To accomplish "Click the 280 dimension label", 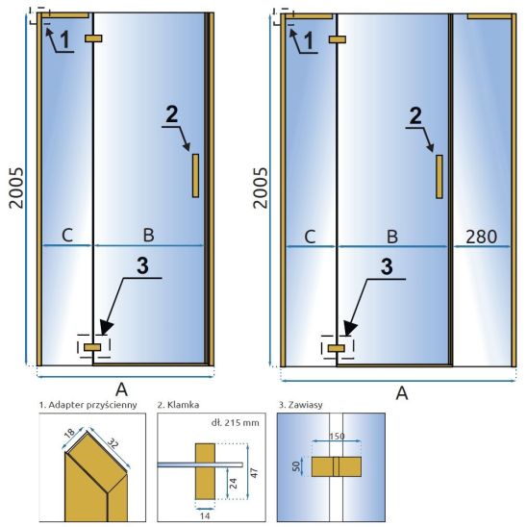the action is (x=481, y=237).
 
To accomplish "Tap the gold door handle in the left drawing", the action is (x=195, y=175).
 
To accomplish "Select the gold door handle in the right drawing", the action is (x=439, y=177).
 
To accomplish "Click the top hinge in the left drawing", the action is (x=93, y=38).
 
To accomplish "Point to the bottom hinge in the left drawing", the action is (x=92, y=347).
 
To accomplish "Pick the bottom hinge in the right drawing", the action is (x=336, y=348).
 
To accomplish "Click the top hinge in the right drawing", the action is (x=338, y=39).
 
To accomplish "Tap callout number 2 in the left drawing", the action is (x=172, y=114).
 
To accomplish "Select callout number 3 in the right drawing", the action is (x=387, y=266).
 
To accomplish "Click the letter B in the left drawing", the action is (x=148, y=235).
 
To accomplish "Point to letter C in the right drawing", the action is (x=310, y=237).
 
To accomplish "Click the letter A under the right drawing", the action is (x=402, y=392).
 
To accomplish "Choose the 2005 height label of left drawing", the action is (x=16, y=188).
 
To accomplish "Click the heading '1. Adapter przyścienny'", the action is (x=88, y=405).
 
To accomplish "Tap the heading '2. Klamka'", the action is (x=178, y=405).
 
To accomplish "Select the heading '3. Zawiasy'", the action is (x=300, y=404).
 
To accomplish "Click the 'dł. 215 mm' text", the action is (x=236, y=422).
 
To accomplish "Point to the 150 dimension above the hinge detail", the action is (x=337, y=436).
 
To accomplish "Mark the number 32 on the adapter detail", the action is (x=113, y=445).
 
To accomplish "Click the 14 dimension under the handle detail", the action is (x=205, y=515).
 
